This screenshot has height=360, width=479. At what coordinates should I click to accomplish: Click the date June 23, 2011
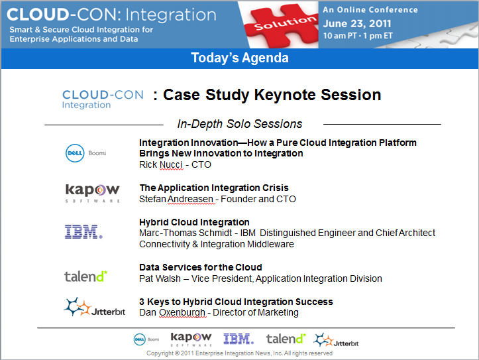pyautogui.click(x=357, y=23)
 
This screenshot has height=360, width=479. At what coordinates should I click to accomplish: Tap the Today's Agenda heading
pyautogui.click(x=240, y=58)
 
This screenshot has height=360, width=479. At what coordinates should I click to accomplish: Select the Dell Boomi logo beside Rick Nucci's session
pyautogui.click(x=86, y=152)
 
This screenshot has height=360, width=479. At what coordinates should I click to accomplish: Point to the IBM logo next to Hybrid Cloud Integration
pyautogui.click(x=83, y=231)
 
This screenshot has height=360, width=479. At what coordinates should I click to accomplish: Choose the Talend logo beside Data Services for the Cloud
pyautogui.click(x=86, y=276)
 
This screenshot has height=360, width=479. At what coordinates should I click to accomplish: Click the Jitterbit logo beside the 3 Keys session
pyautogui.click(x=94, y=307)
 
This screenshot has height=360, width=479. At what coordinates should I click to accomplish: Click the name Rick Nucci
pyautogui.click(x=161, y=164)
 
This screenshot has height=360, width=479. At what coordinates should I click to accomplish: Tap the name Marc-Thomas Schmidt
pyautogui.click(x=186, y=233)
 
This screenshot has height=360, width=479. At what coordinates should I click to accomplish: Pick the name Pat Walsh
pyautogui.click(x=160, y=278)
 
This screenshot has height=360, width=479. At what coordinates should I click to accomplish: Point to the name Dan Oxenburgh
pyautogui.click(x=172, y=313)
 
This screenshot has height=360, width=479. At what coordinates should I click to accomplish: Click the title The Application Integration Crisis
pyautogui.click(x=214, y=188)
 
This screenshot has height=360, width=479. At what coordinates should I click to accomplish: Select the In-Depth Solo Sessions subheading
pyautogui.click(x=240, y=124)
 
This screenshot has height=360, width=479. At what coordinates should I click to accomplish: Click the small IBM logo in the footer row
pyautogui.click(x=239, y=339)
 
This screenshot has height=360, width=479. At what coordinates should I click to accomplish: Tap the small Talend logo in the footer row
pyautogui.click(x=286, y=339)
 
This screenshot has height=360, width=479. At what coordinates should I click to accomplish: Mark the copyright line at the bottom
pyautogui.click(x=239, y=353)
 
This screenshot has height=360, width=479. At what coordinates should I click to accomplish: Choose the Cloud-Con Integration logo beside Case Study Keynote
pyautogui.click(x=103, y=99)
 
